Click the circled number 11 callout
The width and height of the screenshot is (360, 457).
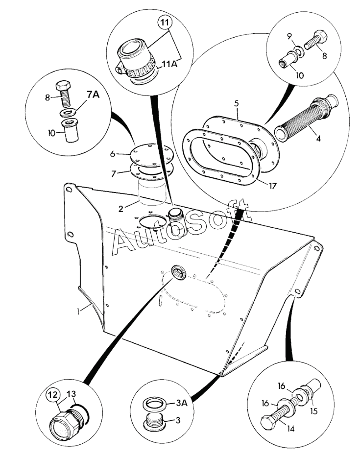(x=165, y=23)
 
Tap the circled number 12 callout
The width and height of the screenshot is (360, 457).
(x=53, y=395)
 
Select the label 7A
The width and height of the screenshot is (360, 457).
(x=93, y=95)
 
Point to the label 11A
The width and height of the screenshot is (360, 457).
(x=169, y=64)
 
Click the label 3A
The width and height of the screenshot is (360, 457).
(x=181, y=403)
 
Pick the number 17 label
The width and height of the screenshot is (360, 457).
(x=272, y=186)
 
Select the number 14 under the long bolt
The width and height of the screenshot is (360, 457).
(x=290, y=429)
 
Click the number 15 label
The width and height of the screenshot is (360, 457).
(x=313, y=411)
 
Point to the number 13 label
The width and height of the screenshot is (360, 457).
(x=71, y=394)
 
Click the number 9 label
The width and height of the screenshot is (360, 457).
(x=289, y=36)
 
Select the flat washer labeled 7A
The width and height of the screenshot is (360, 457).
(x=69, y=113)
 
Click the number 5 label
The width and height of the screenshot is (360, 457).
(x=237, y=103)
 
